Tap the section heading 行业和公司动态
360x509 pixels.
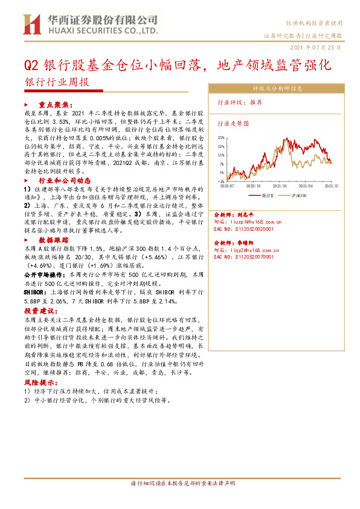[x=65, y=180]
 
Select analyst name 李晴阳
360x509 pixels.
[x=252, y=241]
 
